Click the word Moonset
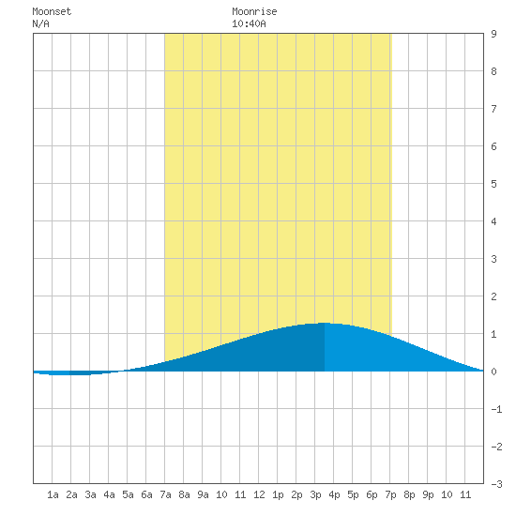(x=52, y=11)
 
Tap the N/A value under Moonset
(x=40, y=23)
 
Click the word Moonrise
(x=254, y=11)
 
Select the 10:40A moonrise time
(x=249, y=23)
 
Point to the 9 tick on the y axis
(x=493, y=34)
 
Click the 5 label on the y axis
(x=493, y=184)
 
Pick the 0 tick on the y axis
(x=493, y=372)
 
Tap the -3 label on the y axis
(x=496, y=484)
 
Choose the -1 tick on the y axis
(x=496, y=409)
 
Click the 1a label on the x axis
(x=53, y=494)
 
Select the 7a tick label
(x=165, y=494)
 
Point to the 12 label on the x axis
(x=259, y=494)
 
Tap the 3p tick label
(x=315, y=494)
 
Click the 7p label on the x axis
(x=390, y=494)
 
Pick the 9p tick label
(x=428, y=494)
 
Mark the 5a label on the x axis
(x=128, y=494)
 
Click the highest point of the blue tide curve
(x=325, y=323)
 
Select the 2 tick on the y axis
(x=493, y=296)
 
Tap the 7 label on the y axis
(x=493, y=109)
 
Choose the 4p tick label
(x=334, y=494)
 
